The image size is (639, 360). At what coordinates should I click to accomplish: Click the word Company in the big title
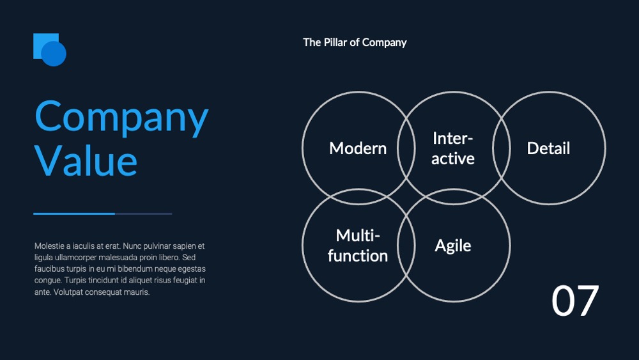pos(121,118)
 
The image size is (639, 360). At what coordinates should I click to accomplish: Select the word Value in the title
pos(86,161)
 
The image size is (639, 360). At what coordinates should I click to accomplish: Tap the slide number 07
pos(575,301)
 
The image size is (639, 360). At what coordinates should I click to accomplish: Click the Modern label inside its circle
pos(358,148)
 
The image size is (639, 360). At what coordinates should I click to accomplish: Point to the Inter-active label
pos(453,148)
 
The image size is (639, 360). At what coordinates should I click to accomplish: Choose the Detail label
pos(548,148)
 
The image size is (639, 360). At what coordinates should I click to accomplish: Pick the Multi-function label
pos(358,246)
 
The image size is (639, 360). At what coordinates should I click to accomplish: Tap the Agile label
pos(453,246)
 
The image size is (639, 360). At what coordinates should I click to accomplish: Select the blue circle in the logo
pos(54,54)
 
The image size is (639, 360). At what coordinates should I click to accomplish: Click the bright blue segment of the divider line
pos(74,214)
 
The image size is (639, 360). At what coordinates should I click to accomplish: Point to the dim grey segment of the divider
pos(143,214)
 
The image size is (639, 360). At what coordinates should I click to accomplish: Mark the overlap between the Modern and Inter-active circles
pos(406,148)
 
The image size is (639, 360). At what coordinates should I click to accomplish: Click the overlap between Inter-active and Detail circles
pos(501,148)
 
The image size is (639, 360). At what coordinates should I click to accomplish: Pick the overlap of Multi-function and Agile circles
pos(406,246)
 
